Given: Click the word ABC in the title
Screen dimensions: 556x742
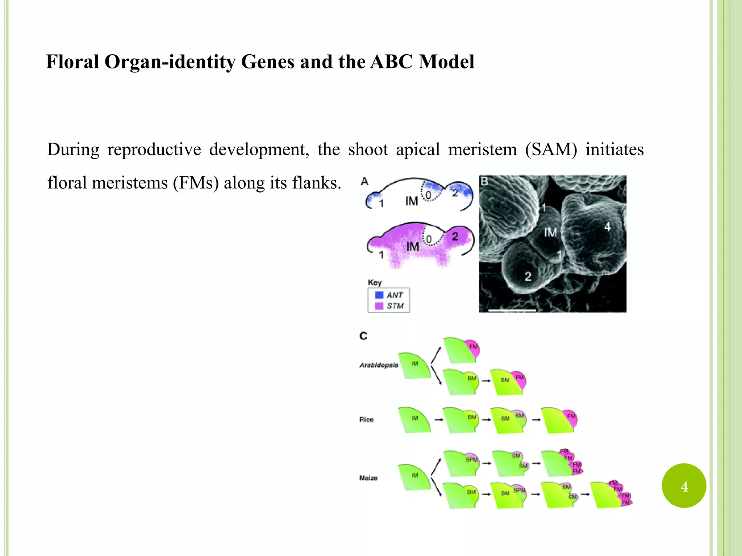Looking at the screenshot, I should click(391, 62).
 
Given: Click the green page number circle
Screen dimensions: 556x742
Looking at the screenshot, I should click(684, 486).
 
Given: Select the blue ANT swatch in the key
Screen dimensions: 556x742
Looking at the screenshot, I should click(379, 295).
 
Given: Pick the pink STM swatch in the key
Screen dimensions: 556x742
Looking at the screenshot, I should click(379, 306).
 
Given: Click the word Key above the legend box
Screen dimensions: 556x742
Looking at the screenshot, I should click(375, 282).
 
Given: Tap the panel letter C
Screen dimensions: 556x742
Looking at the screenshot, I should click(363, 336).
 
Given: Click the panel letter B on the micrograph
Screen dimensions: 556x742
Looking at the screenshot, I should click(484, 181).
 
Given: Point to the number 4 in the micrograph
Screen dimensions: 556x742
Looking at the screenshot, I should click(607, 227).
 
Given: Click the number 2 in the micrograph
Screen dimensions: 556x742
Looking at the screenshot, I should click(528, 277).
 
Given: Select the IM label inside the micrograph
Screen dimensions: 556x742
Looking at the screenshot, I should click(550, 232).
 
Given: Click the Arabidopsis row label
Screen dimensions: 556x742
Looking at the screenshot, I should click(379, 365).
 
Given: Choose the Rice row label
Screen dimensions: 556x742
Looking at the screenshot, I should click(366, 420).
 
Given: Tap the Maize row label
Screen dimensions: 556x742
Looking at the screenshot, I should click(368, 478).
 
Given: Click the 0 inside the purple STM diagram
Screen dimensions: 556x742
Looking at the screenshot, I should click(429, 239).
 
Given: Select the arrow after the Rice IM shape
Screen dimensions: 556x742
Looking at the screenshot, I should click(438, 420).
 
